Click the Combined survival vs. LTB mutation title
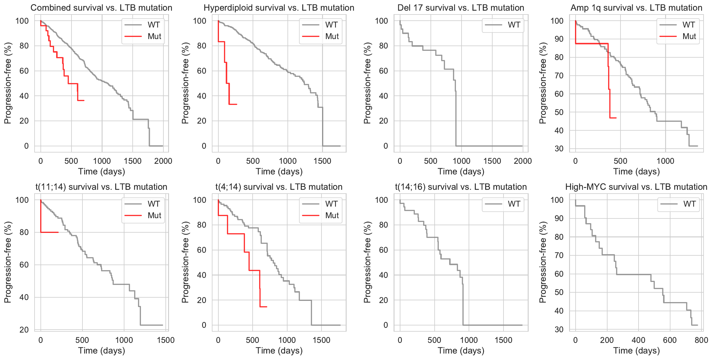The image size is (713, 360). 101,8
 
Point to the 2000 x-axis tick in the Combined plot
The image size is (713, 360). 163,161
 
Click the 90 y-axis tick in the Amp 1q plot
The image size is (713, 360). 559,39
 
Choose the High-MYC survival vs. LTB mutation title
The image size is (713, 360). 636,187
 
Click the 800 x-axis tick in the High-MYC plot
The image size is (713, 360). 701,340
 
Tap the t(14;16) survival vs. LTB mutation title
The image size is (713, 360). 461,187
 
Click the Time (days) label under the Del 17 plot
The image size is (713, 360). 461,171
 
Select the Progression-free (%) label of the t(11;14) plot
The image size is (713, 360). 8,262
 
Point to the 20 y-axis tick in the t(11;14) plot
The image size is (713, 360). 24,330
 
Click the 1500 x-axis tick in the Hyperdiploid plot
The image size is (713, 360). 322,161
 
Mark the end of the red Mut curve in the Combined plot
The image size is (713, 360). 84,100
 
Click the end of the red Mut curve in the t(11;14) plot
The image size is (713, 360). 58,232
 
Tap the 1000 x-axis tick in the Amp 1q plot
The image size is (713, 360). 665,161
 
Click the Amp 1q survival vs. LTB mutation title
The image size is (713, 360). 636,8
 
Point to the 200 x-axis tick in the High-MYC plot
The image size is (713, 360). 607,340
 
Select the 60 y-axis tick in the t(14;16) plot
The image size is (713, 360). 383,250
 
